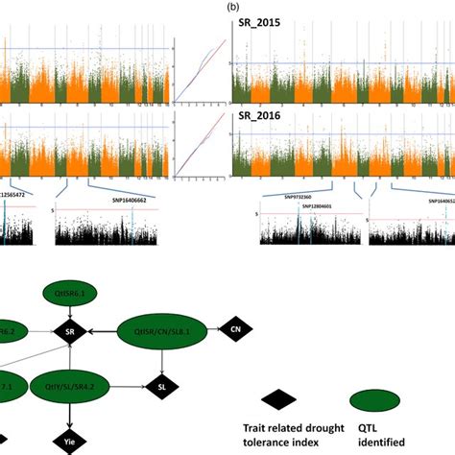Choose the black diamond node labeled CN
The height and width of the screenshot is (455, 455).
click(x=235, y=329)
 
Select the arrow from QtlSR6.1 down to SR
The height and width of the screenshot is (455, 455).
click(x=68, y=309)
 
